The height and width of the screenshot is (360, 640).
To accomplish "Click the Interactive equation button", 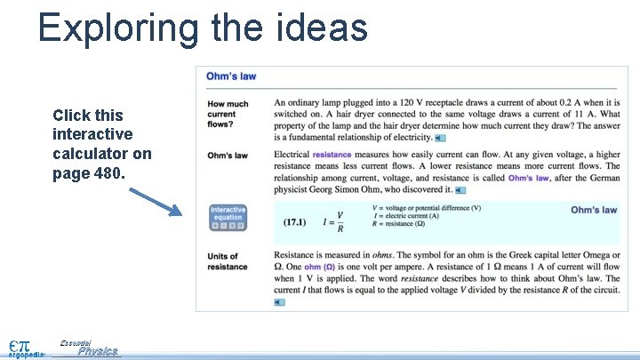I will click(x=227, y=218).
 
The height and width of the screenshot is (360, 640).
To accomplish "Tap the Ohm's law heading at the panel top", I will click(x=231, y=76).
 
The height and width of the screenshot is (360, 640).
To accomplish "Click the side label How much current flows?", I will click(x=228, y=114).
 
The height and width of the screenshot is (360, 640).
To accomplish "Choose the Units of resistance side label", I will click(x=228, y=262).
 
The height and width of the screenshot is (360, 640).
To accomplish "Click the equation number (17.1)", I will click(x=296, y=222).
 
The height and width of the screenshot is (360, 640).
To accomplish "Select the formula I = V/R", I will click(x=334, y=222).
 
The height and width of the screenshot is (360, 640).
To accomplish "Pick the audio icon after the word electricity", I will click(x=441, y=138).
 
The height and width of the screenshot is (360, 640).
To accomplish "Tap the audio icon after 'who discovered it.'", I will click(x=460, y=190).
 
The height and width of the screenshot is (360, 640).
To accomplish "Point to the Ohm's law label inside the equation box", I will click(x=593, y=210).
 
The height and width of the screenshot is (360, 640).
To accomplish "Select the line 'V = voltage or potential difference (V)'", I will click(x=428, y=208).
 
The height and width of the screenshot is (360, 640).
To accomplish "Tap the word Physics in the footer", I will click(x=97, y=352).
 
